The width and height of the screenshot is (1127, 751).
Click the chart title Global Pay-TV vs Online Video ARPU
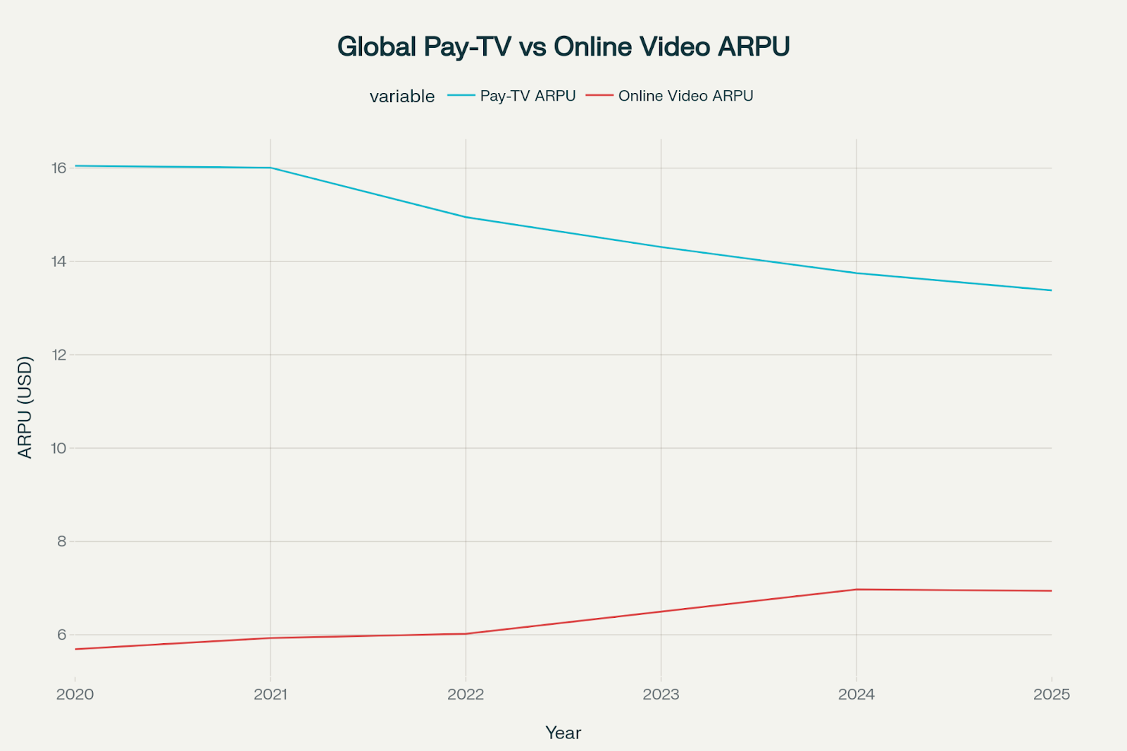pyautogui.click(x=563, y=46)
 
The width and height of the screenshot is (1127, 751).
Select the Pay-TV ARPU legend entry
pyautogui.click(x=527, y=96)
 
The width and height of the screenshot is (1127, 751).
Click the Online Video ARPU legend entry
pyautogui.click(x=685, y=96)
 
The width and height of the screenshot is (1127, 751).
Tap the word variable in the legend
pyautogui.click(x=402, y=97)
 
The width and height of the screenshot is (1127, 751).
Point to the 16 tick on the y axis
pyautogui.click(x=58, y=168)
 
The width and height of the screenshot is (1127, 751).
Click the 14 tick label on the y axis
pyautogui.click(x=58, y=261)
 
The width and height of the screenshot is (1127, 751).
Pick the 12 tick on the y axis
pyautogui.click(x=58, y=355)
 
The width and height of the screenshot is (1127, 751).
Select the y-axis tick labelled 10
pyautogui.click(x=58, y=448)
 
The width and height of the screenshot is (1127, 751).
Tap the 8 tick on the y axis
pyautogui.click(x=62, y=542)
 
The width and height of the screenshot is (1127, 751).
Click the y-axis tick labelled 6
pyautogui.click(x=62, y=635)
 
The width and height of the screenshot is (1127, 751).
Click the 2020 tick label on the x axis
pyautogui.click(x=75, y=695)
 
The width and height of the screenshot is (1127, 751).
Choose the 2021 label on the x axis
pyautogui.click(x=270, y=695)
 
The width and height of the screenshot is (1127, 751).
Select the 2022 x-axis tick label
pyautogui.click(x=466, y=695)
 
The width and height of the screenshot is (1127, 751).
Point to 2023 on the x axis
pyautogui.click(x=661, y=695)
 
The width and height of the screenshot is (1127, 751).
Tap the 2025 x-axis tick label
pyautogui.click(x=1051, y=695)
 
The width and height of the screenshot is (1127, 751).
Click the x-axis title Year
pyautogui.click(x=563, y=733)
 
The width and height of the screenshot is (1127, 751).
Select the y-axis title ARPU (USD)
pyautogui.click(x=25, y=407)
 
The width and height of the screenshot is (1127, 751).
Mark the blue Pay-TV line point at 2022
pyautogui.click(x=466, y=217)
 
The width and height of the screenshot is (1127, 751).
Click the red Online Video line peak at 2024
pyautogui.click(x=857, y=590)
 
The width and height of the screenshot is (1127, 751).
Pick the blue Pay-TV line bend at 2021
pyautogui.click(x=270, y=168)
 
